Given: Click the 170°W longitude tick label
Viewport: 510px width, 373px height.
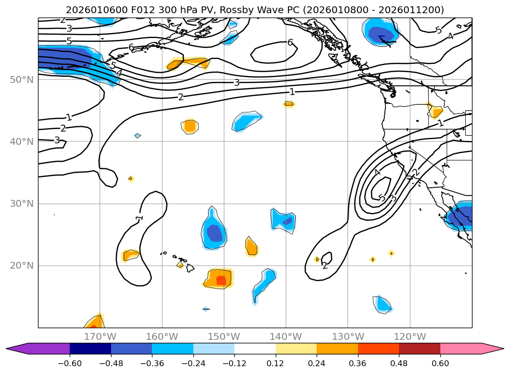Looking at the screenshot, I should point(100,336).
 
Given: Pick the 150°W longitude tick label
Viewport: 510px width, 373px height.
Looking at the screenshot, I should point(224,336).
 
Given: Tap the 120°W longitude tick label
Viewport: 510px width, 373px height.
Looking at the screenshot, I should point(410,336).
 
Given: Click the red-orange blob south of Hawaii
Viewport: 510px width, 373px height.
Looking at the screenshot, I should point(219,279).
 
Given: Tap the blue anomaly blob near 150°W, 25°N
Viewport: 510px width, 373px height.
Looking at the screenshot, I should point(213,233).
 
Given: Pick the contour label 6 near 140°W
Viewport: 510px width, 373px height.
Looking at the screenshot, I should point(290,42).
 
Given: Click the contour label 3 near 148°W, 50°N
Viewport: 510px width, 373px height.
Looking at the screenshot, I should point(237,82).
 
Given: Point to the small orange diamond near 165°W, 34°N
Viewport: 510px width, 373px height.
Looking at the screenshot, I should point(131,179).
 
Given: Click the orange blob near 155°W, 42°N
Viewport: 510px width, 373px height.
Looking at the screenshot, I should point(189,126).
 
